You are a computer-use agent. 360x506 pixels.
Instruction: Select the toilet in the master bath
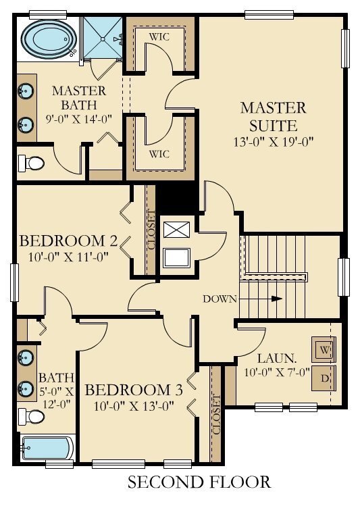(x=30, y=163)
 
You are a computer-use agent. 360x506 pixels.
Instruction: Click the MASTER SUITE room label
(x=274, y=116)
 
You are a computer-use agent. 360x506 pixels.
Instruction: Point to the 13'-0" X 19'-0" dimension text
(x=274, y=142)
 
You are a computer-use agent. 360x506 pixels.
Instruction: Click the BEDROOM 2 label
(x=69, y=241)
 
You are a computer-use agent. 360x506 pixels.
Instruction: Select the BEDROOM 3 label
(x=134, y=390)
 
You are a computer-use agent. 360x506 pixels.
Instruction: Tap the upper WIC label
(x=159, y=36)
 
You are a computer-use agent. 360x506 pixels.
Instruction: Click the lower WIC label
(x=159, y=154)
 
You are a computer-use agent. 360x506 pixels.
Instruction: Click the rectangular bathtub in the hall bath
(x=45, y=447)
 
